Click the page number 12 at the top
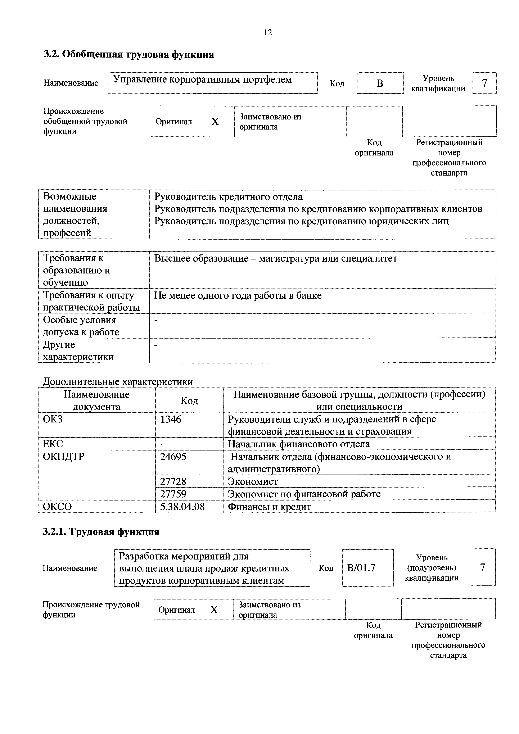(x=268, y=33)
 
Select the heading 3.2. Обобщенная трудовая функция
(x=128, y=55)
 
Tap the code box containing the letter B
(x=380, y=83)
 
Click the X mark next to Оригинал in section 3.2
(x=215, y=122)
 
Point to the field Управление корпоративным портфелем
(x=212, y=83)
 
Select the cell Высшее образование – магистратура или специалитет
(x=275, y=258)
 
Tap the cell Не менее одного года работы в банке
(x=238, y=296)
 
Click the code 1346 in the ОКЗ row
(x=171, y=419)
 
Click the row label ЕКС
(x=53, y=444)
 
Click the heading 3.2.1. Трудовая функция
(x=101, y=532)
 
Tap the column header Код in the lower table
(x=189, y=400)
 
